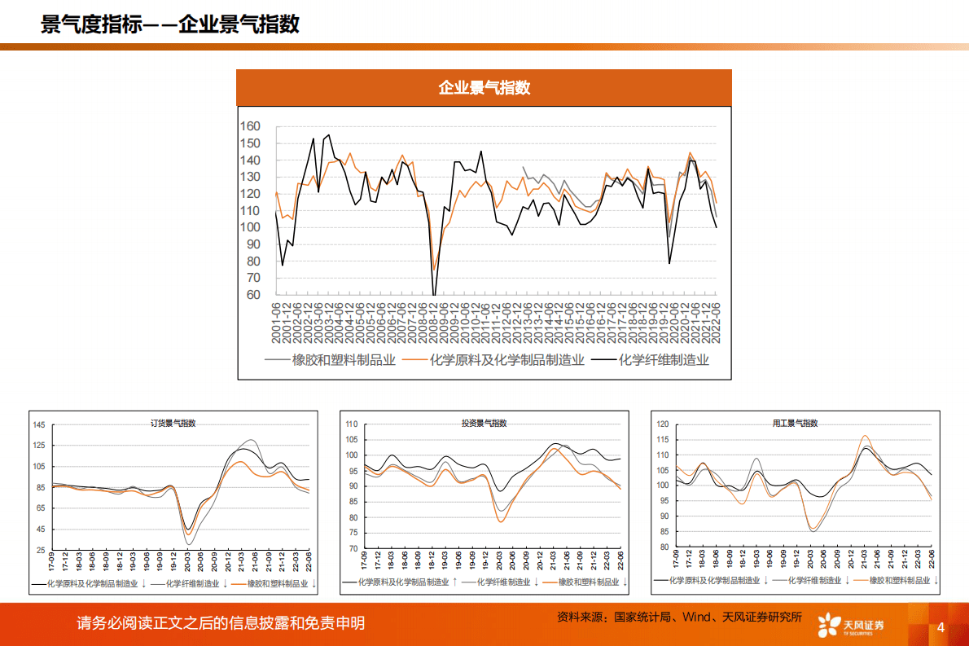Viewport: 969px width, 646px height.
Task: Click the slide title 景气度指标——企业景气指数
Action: (x=170, y=24)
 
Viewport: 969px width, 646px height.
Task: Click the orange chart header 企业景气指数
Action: (x=484, y=87)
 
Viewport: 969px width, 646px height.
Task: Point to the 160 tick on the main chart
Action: (x=250, y=126)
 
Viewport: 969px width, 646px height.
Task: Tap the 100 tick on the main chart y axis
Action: (x=250, y=227)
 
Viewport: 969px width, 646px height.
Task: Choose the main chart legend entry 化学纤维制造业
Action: (x=664, y=359)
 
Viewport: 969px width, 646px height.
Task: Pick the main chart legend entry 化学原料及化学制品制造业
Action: (x=507, y=359)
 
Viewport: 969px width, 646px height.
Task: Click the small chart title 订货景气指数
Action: (x=173, y=423)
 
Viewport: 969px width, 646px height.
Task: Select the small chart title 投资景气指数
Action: (x=484, y=423)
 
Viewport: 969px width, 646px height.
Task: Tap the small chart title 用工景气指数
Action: (x=795, y=423)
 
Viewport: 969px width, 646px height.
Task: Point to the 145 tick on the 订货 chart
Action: (x=39, y=425)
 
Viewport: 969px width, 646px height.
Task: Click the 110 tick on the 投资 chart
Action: (x=352, y=424)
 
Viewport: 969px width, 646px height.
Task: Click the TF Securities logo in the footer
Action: (x=850, y=625)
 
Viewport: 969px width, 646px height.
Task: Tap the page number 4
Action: (x=940, y=627)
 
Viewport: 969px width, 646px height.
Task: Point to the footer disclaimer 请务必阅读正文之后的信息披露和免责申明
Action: (x=221, y=623)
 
